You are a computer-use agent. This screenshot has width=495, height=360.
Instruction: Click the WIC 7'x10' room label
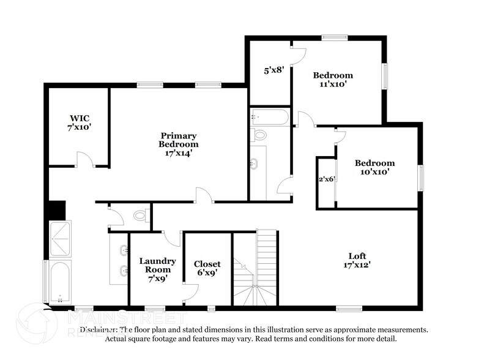point(80,122)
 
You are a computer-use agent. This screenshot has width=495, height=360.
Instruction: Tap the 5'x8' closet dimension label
point(270,70)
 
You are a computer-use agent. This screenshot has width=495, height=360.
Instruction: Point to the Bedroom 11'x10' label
point(333,80)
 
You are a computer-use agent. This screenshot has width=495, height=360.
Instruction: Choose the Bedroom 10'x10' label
point(374,168)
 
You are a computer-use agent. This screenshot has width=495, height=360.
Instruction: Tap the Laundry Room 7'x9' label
point(157,269)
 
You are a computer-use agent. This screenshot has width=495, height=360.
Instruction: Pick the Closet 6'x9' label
point(207,269)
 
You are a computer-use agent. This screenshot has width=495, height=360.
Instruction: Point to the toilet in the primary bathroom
point(141,215)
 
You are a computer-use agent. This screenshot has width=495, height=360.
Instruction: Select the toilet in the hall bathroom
point(259,135)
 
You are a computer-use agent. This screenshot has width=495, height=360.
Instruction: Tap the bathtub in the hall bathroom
point(269,117)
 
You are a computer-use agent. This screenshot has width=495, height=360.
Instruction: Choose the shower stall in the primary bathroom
point(60,239)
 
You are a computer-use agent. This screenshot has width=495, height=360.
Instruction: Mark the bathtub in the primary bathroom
point(60,281)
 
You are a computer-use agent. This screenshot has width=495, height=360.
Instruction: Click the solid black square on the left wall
point(56,209)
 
